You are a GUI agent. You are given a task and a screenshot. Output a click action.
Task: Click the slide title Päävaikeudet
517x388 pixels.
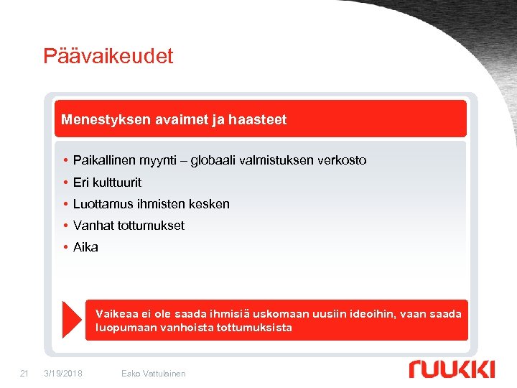108,56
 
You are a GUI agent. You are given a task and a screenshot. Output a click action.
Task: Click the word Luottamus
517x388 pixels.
101,203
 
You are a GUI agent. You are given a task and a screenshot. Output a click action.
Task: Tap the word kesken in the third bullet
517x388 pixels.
209,203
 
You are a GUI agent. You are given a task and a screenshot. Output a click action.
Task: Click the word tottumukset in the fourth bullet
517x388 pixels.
151,225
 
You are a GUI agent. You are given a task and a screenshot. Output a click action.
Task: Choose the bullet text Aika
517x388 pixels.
85,246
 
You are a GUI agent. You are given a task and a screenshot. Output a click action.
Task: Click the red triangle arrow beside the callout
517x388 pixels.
72,320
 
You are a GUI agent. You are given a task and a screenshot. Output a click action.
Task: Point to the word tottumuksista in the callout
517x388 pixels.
256,328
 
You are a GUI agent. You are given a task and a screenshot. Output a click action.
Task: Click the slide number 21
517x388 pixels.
24,373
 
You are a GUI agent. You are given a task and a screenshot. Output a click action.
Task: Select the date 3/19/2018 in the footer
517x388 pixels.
63,373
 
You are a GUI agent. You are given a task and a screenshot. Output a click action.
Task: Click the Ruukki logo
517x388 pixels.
452,369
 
